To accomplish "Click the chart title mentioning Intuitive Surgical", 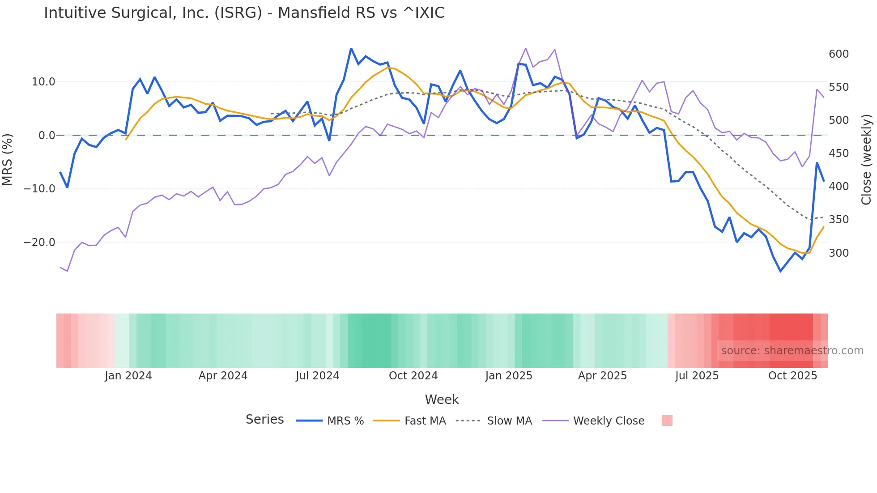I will (x=244, y=13).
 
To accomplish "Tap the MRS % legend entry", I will (x=345, y=421).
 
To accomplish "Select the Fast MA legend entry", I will (x=425, y=421).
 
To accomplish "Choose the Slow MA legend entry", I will (x=509, y=421).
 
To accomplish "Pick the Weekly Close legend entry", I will (x=609, y=421).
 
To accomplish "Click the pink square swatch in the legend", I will (x=667, y=421).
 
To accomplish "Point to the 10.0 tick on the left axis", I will (x=43, y=82).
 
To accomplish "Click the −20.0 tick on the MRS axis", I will (x=39, y=242).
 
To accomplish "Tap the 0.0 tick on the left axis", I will (x=47, y=136).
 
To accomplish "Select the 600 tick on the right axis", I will (x=839, y=54).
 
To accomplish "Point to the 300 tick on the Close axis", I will (x=839, y=253).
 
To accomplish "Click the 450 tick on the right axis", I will (x=839, y=153).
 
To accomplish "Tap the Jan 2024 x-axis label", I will (x=128, y=376).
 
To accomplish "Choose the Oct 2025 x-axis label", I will (x=792, y=376).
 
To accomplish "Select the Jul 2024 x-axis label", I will (x=318, y=376).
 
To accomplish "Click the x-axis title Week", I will (x=442, y=399).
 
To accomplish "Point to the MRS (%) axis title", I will (x=8, y=160).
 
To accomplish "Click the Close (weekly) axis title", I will (x=866, y=160).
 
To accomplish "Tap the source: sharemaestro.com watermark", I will (x=792, y=351).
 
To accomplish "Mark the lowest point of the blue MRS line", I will (x=780, y=271).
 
